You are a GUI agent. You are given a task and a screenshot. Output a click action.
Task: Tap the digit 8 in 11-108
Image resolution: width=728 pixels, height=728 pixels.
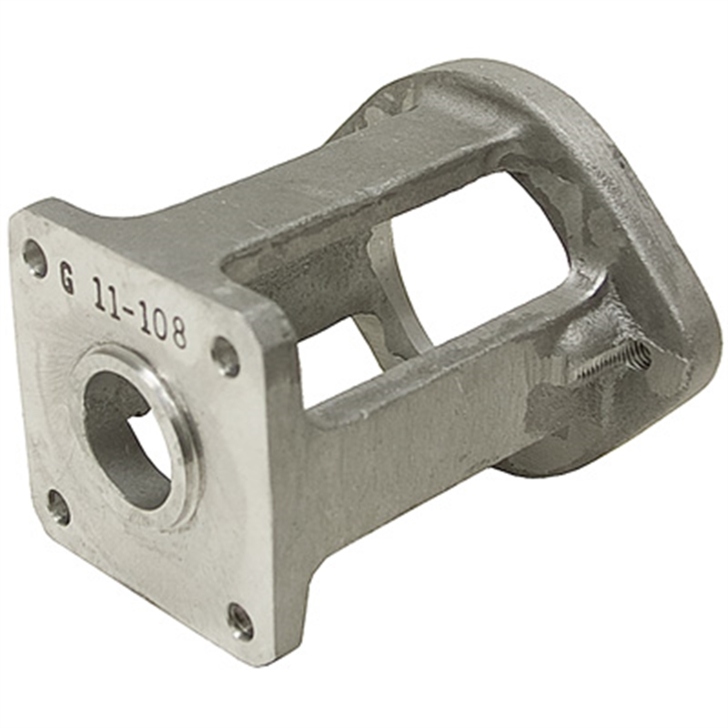[x=177, y=332]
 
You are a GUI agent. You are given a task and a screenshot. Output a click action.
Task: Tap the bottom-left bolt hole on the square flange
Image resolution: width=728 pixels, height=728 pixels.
[x=57, y=506]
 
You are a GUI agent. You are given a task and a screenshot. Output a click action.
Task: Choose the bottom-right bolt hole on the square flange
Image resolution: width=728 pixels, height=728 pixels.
[x=240, y=621]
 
